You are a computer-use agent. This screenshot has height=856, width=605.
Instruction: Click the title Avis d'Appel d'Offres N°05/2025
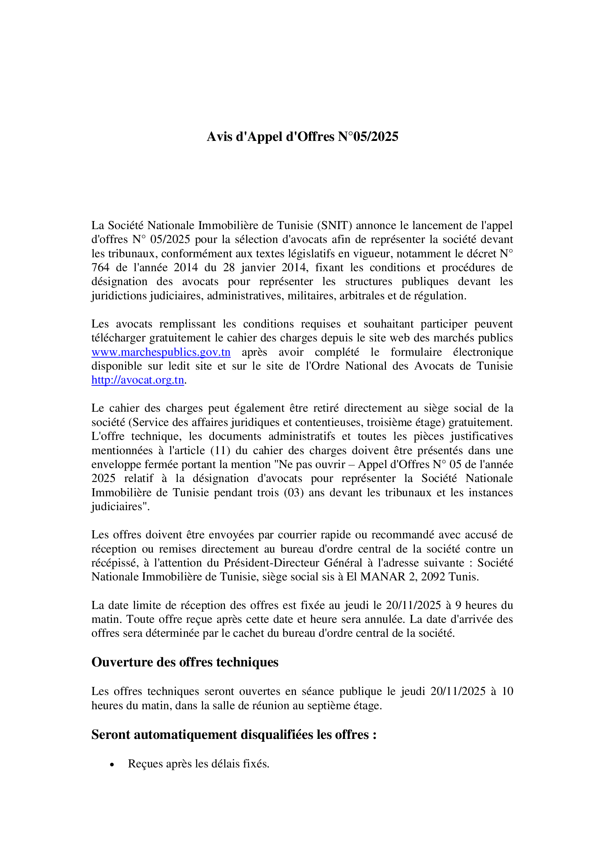click(302, 137)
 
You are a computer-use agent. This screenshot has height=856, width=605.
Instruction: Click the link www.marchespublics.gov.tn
click(161, 352)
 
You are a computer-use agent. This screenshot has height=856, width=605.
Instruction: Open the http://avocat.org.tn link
click(138, 380)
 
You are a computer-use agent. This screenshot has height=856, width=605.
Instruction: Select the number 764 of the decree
click(100, 267)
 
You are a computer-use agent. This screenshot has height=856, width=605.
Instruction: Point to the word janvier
click(258, 267)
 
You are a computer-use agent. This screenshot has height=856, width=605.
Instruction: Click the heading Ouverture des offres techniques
click(185, 662)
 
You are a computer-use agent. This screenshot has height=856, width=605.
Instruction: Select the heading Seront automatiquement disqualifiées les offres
click(234, 734)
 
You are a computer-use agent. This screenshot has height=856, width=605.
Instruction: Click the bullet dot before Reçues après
click(112, 764)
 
